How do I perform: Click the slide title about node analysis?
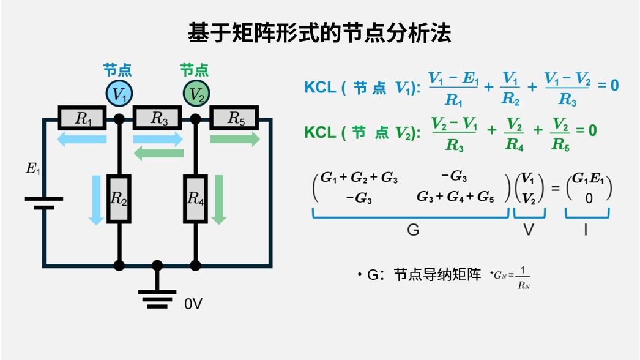tap(319, 33)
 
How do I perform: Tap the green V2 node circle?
tap(196, 94)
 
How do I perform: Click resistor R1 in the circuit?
tap(83, 118)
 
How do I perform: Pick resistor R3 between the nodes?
tap(158, 118)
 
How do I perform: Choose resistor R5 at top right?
tap(234, 118)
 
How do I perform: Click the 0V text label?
tap(193, 303)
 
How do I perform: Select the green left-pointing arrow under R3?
tap(158, 153)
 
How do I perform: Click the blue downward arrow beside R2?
tap(96, 200)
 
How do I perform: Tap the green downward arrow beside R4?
tap(219, 200)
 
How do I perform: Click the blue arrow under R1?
tap(82, 140)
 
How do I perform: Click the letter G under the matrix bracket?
tap(413, 230)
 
